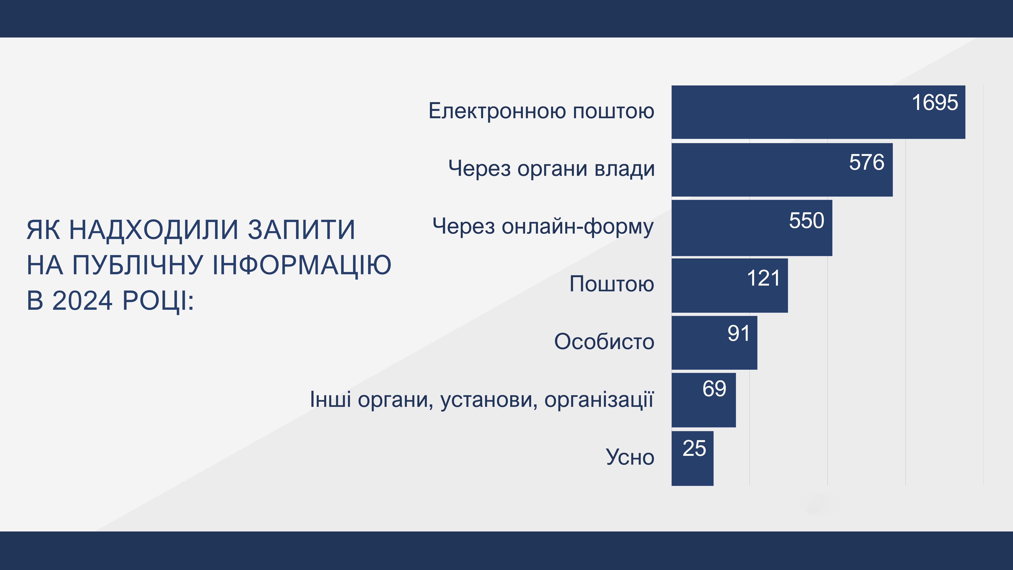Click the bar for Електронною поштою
[818, 112]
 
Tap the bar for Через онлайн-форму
[752, 228]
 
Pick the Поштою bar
[730, 286]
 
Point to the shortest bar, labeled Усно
[693, 458]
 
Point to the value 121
[763, 278]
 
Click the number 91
[738, 334]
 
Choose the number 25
[694, 448]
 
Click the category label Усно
[630, 457]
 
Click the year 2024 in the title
[83, 301]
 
